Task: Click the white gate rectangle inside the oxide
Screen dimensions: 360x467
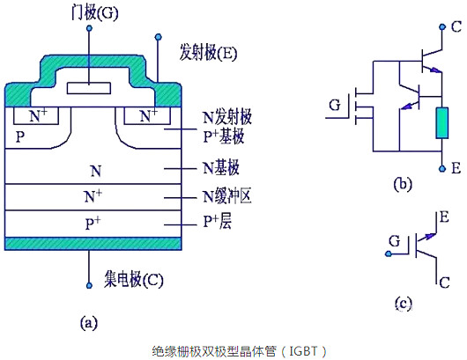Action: (x=90, y=88)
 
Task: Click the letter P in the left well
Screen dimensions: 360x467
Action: (x=20, y=137)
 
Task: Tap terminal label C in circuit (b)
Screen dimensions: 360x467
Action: (x=455, y=26)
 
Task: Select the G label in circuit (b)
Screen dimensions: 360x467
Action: (x=335, y=107)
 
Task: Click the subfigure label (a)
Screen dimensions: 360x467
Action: (x=88, y=323)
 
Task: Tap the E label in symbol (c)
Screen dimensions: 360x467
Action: (x=444, y=216)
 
